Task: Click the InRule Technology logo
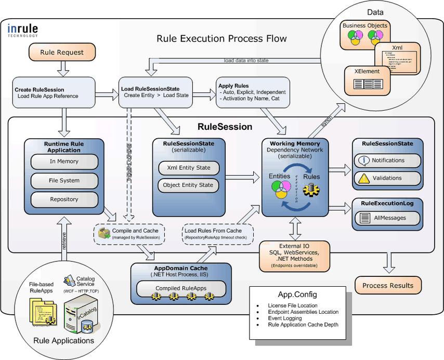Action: (23, 31)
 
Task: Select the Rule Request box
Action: (62, 52)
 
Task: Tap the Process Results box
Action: (388, 285)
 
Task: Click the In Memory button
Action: (64, 162)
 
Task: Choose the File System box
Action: (64, 181)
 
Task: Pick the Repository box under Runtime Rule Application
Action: (64, 199)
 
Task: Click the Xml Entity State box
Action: (188, 168)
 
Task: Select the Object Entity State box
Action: (188, 185)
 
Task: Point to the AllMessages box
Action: (387, 219)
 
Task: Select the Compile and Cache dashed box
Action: (129, 234)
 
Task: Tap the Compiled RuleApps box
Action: (181, 288)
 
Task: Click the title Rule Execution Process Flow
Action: (221, 39)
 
